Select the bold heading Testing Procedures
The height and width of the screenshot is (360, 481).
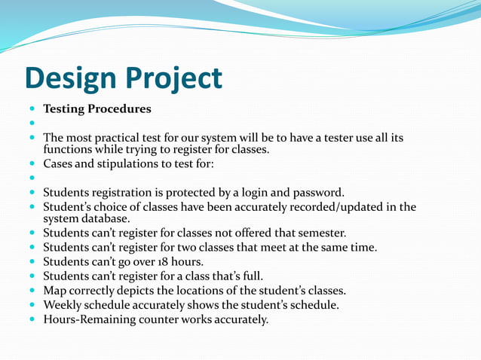(x=97, y=109)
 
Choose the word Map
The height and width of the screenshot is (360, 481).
(x=55, y=290)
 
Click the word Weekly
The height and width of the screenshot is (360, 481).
(x=63, y=304)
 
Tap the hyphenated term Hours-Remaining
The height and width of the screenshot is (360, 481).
(x=90, y=319)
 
